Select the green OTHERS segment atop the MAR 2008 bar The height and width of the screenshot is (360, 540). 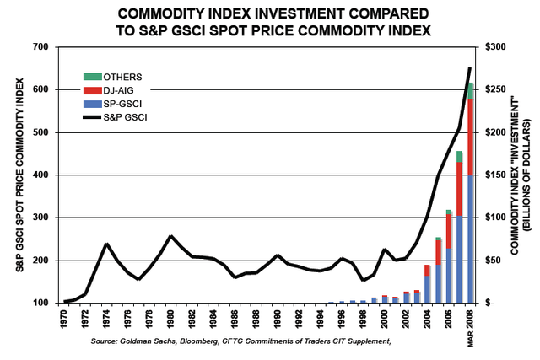(469, 90)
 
